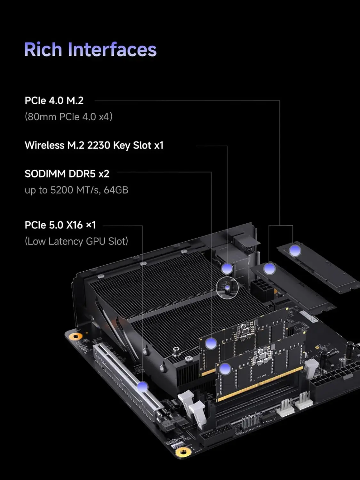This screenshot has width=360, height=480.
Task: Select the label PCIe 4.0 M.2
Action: pyautogui.click(x=54, y=100)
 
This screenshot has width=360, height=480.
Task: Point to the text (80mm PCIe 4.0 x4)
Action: pyautogui.click(x=68, y=117)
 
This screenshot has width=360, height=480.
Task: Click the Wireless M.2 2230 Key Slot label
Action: pyautogui.click(x=94, y=145)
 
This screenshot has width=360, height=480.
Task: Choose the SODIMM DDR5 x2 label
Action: pyautogui.click(x=67, y=174)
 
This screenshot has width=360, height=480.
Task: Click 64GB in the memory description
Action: pyautogui.click(x=116, y=190)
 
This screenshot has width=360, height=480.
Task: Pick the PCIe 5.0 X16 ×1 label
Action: pyautogui.click(x=60, y=225)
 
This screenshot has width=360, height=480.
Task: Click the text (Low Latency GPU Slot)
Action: pyautogui.click(x=76, y=241)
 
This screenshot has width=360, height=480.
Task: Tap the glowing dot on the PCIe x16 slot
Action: pyautogui.click(x=142, y=387)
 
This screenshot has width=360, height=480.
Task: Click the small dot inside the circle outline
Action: pyautogui.click(x=227, y=288)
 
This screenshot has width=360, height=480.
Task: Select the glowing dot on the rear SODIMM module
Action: pyautogui.click(x=211, y=343)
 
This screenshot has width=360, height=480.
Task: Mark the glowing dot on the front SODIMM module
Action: pyautogui.click(x=225, y=369)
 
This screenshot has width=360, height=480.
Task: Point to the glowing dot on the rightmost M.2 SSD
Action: pyautogui.click(x=295, y=251)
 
